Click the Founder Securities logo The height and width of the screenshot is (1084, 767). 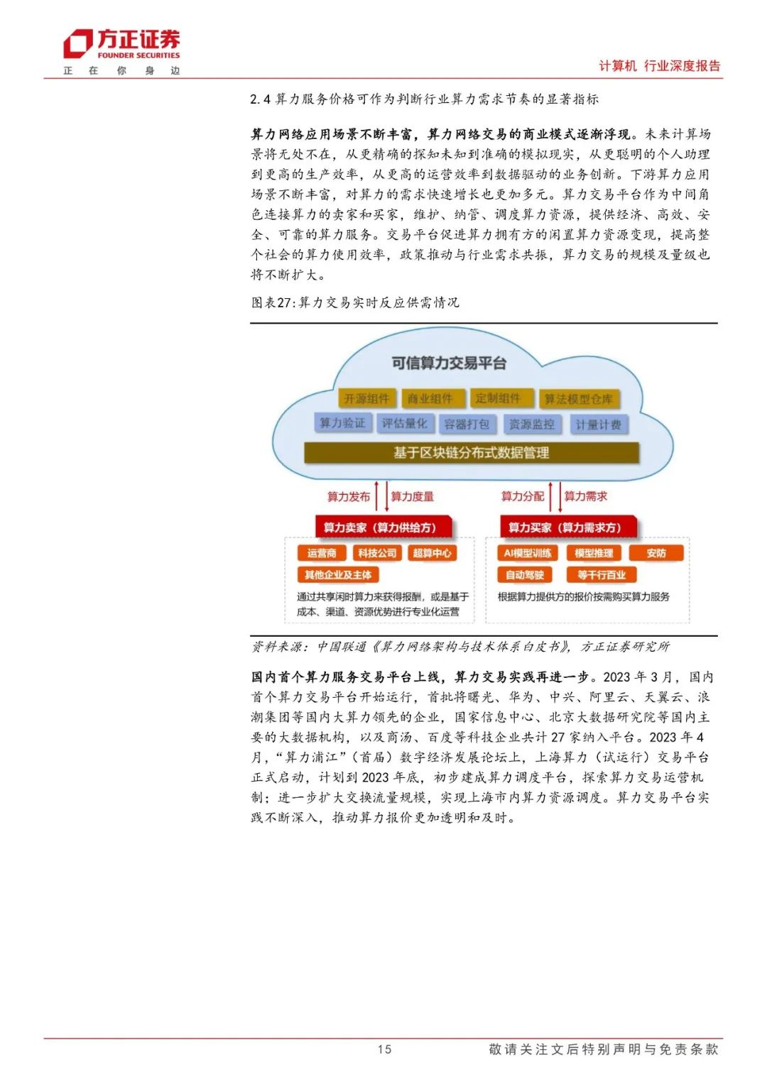click(121, 45)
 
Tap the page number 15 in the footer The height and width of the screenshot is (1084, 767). click(384, 1049)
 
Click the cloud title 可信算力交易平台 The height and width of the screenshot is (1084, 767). click(449, 363)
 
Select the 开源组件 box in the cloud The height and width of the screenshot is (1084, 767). click(366, 399)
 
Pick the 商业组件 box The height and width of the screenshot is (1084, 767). click(430, 399)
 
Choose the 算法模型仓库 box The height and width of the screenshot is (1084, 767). click(578, 400)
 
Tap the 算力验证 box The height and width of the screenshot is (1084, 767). click(342, 423)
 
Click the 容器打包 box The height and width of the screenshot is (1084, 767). click(467, 425)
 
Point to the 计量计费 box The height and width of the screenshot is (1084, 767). click(598, 425)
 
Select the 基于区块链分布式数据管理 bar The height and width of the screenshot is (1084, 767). click(472, 453)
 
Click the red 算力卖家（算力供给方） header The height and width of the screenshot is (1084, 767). click(380, 527)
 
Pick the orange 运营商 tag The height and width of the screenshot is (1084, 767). click(322, 554)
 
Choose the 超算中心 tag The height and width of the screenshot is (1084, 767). click(432, 554)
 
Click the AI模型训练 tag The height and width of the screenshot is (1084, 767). click(528, 554)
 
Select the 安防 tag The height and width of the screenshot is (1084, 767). click(656, 554)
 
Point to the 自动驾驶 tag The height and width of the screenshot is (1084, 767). click(525, 575)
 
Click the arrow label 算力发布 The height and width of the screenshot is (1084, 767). click(348, 496)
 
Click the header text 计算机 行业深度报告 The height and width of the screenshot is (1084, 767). click(659, 66)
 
